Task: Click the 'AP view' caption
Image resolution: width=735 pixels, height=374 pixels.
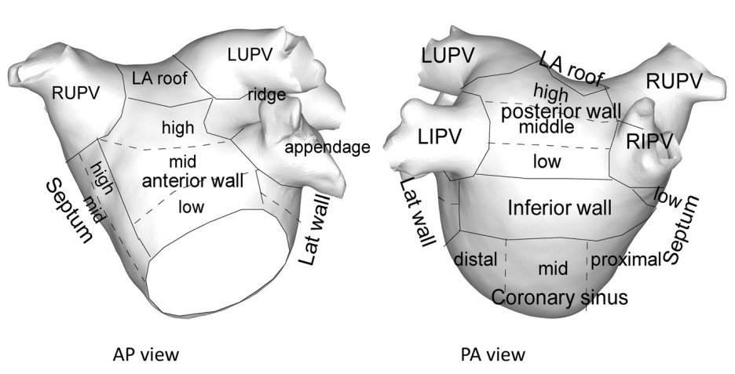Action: [146, 354]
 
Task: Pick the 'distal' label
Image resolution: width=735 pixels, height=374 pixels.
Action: [476, 260]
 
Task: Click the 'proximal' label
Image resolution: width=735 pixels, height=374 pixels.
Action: [625, 260]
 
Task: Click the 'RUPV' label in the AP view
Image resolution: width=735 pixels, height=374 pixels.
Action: [77, 92]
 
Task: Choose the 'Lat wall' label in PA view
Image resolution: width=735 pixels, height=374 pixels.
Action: [418, 212]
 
